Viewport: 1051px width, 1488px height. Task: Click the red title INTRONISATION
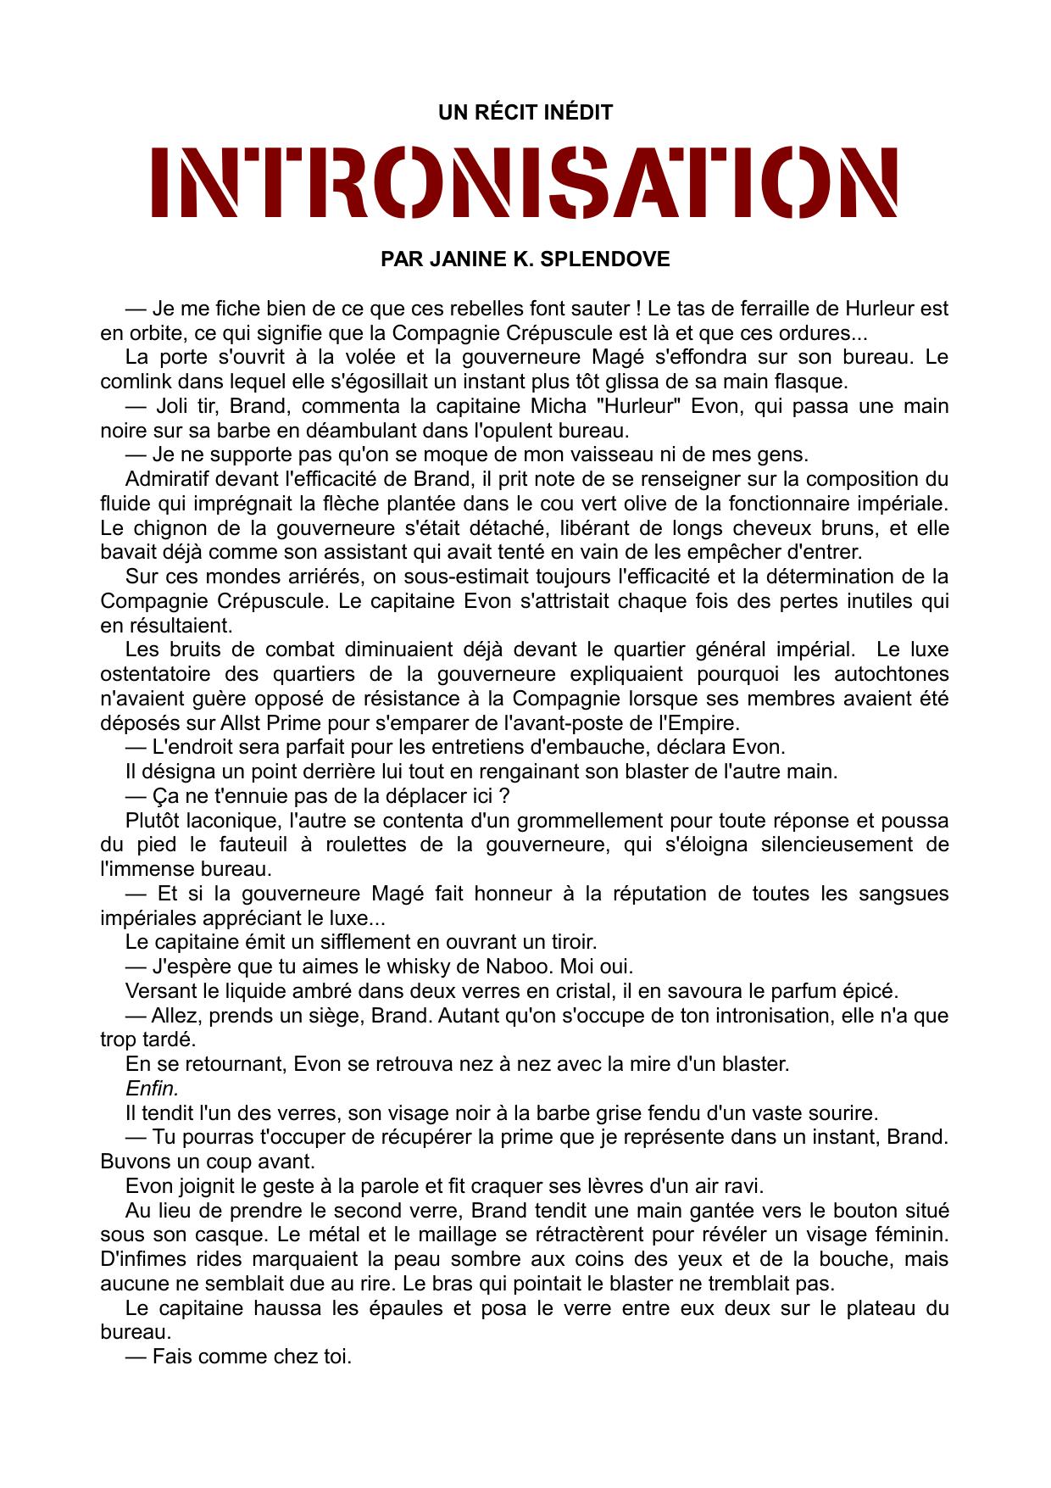point(525,182)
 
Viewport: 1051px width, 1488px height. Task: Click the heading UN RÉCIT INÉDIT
point(525,113)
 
